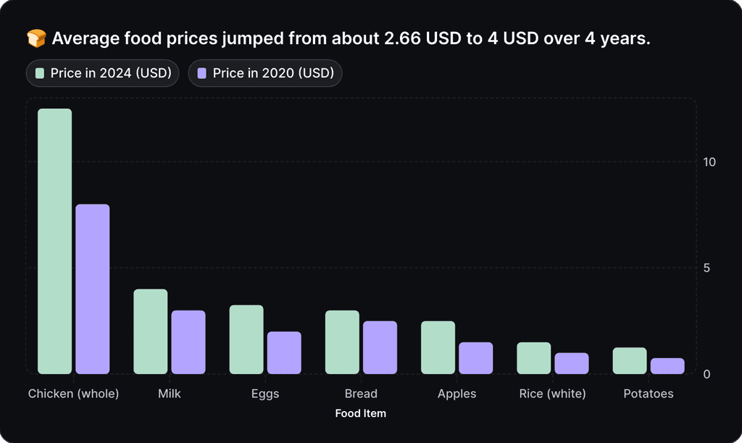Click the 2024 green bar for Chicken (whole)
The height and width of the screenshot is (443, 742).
click(55, 241)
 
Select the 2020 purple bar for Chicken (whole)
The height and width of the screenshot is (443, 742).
click(93, 289)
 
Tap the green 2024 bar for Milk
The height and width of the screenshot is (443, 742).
click(151, 331)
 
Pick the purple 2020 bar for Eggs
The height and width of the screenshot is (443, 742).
click(284, 353)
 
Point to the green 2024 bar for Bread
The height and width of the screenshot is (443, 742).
click(342, 342)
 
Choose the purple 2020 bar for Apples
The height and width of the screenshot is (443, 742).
click(476, 358)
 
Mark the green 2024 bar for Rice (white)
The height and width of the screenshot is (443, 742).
click(534, 358)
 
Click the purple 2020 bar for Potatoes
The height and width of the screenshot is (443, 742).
click(667, 366)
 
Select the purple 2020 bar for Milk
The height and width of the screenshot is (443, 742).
click(188, 342)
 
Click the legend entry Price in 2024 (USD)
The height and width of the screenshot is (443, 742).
click(102, 73)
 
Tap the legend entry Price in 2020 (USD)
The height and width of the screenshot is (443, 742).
click(264, 73)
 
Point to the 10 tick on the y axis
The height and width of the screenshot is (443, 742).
click(709, 162)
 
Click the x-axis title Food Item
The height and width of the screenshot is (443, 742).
click(361, 413)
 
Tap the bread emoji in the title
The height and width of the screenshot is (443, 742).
click(36, 38)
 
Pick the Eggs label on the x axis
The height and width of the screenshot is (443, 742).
click(265, 394)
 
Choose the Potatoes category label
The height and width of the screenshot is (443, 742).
click(649, 394)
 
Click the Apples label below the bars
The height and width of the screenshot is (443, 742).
click(457, 394)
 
